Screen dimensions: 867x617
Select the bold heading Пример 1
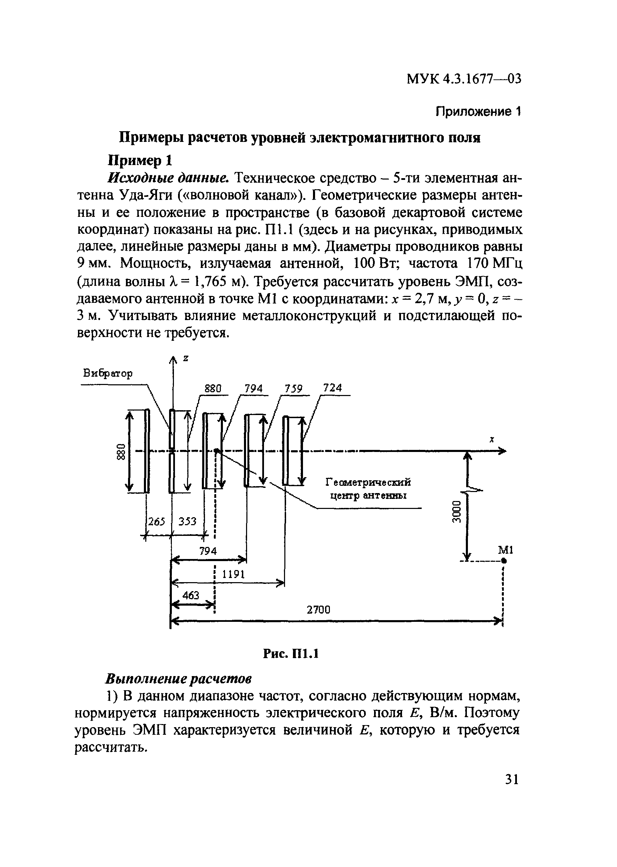pos(140,161)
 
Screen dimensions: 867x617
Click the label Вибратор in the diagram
pos(108,374)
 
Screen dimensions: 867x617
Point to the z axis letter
pos(186,358)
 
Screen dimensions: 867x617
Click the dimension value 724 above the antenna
pos(332,388)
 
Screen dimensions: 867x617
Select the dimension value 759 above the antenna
pos(294,389)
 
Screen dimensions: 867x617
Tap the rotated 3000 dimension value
pos(457,512)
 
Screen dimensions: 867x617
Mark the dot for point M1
pos(503,560)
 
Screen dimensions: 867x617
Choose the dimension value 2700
pos(319,610)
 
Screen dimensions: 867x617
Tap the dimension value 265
pos(157,521)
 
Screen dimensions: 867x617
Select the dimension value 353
pos(187,521)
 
